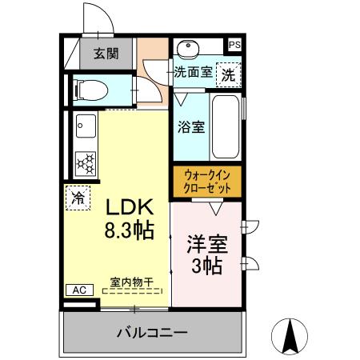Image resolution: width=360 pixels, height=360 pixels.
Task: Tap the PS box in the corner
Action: point(234,46)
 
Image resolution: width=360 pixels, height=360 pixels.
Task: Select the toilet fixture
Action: point(89,90)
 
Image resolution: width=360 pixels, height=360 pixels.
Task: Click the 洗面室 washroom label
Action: point(194,72)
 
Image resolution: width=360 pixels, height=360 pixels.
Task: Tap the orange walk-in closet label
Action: point(206,180)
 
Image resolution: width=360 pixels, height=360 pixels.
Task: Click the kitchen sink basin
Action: point(85,126)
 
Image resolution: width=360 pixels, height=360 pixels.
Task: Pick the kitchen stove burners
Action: point(85,162)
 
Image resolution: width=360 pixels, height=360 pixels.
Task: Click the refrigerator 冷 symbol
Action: point(78,197)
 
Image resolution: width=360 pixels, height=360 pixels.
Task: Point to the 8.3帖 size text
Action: point(128,231)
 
